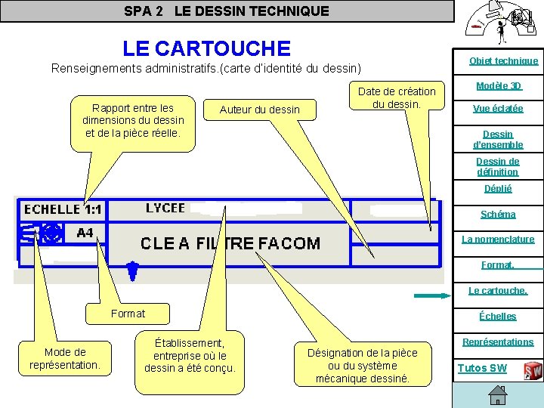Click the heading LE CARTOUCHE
click(x=206, y=48)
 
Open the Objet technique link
click(x=503, y=60)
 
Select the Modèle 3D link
click(x=499, y=85)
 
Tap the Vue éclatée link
click(x=498, y=108)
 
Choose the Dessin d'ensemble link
click(x=498, y=139)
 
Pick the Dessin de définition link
click(x=497, y=166)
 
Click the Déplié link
click(x=498, y=188)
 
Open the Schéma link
click(x=498, y=214)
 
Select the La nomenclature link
click(x=498, y=239)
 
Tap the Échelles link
click(x=498, y=316)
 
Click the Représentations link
click(x=498, y=342)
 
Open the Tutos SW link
click(x=482, y=368)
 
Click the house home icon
click(x=497, y=395)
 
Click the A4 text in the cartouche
click(x=85, y=233)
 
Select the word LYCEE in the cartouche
click(x=165, y=208)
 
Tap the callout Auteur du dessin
click(x=259, y=110)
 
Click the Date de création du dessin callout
click(x=397, y=97)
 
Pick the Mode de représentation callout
click(x=65, y=358)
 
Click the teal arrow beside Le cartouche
click(x=431, y=295)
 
